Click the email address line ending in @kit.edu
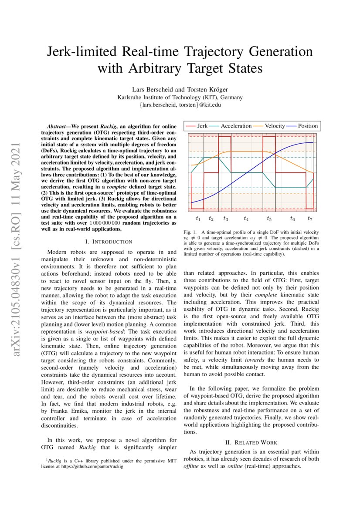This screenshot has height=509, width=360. [x=180, y=105]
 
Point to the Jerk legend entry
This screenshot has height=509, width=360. [x=197, y=126]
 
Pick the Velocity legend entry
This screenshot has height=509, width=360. [x=270, y=126]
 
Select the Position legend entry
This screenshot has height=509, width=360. [x=303, y=126]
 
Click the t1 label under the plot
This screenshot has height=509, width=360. [x=198, y=218]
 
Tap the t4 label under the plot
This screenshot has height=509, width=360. [x=246, y=218]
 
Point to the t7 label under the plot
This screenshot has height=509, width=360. [x=309, y=218]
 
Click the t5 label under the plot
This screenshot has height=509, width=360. [x=269, y=218]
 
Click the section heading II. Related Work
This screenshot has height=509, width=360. [x=251, y=442]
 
